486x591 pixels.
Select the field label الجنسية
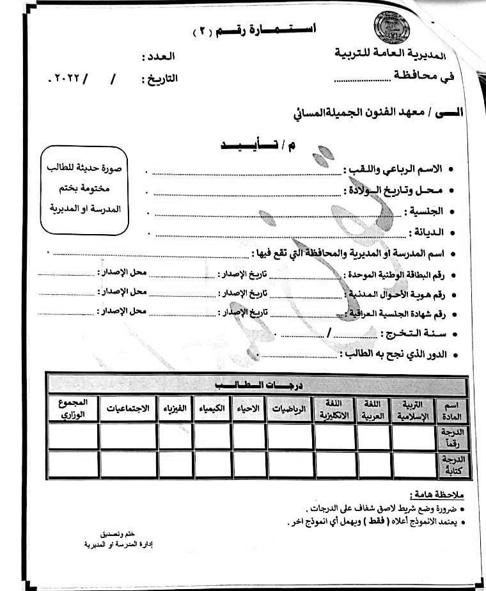[425, 211]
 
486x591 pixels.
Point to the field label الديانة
[426, 232]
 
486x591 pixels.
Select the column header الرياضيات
[289, 409]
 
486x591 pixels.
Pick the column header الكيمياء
[212, 409]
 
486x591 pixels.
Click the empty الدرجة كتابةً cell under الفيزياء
[176, 464]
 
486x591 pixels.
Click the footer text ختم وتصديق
[117, 533]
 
